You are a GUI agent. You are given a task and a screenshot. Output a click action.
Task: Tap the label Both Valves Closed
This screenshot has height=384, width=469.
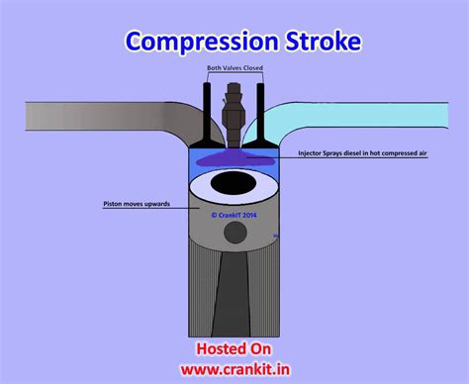click(x=234, y=68)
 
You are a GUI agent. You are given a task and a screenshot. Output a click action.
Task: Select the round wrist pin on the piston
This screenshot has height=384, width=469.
click(x=234, y=232)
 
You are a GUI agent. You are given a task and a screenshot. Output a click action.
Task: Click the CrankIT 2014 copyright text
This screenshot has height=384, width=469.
click(x=234, y=211)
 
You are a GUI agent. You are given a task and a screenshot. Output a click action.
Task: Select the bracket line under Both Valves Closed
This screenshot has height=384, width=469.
click(x=234, y=75)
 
